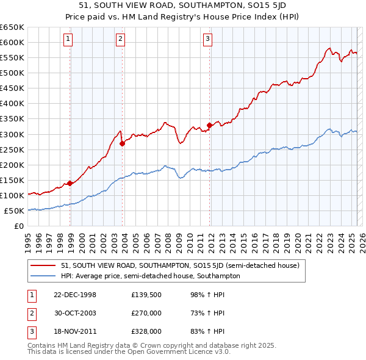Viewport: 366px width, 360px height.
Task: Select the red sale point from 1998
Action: click(x=70, y=183)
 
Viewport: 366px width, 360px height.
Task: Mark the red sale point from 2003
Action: click(x=123, y=143)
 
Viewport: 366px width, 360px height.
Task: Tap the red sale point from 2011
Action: click(x=209, y=125)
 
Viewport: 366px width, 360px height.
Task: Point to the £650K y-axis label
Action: click(x=12, y=27)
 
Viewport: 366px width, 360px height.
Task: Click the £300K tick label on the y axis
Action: click(x=12, y=134)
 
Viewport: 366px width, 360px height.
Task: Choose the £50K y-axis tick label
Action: click(x=15, y=211)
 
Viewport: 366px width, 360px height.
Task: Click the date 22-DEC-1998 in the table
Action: click(x=75, y=295)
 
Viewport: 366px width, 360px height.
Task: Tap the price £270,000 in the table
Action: click(x=146, y=313)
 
